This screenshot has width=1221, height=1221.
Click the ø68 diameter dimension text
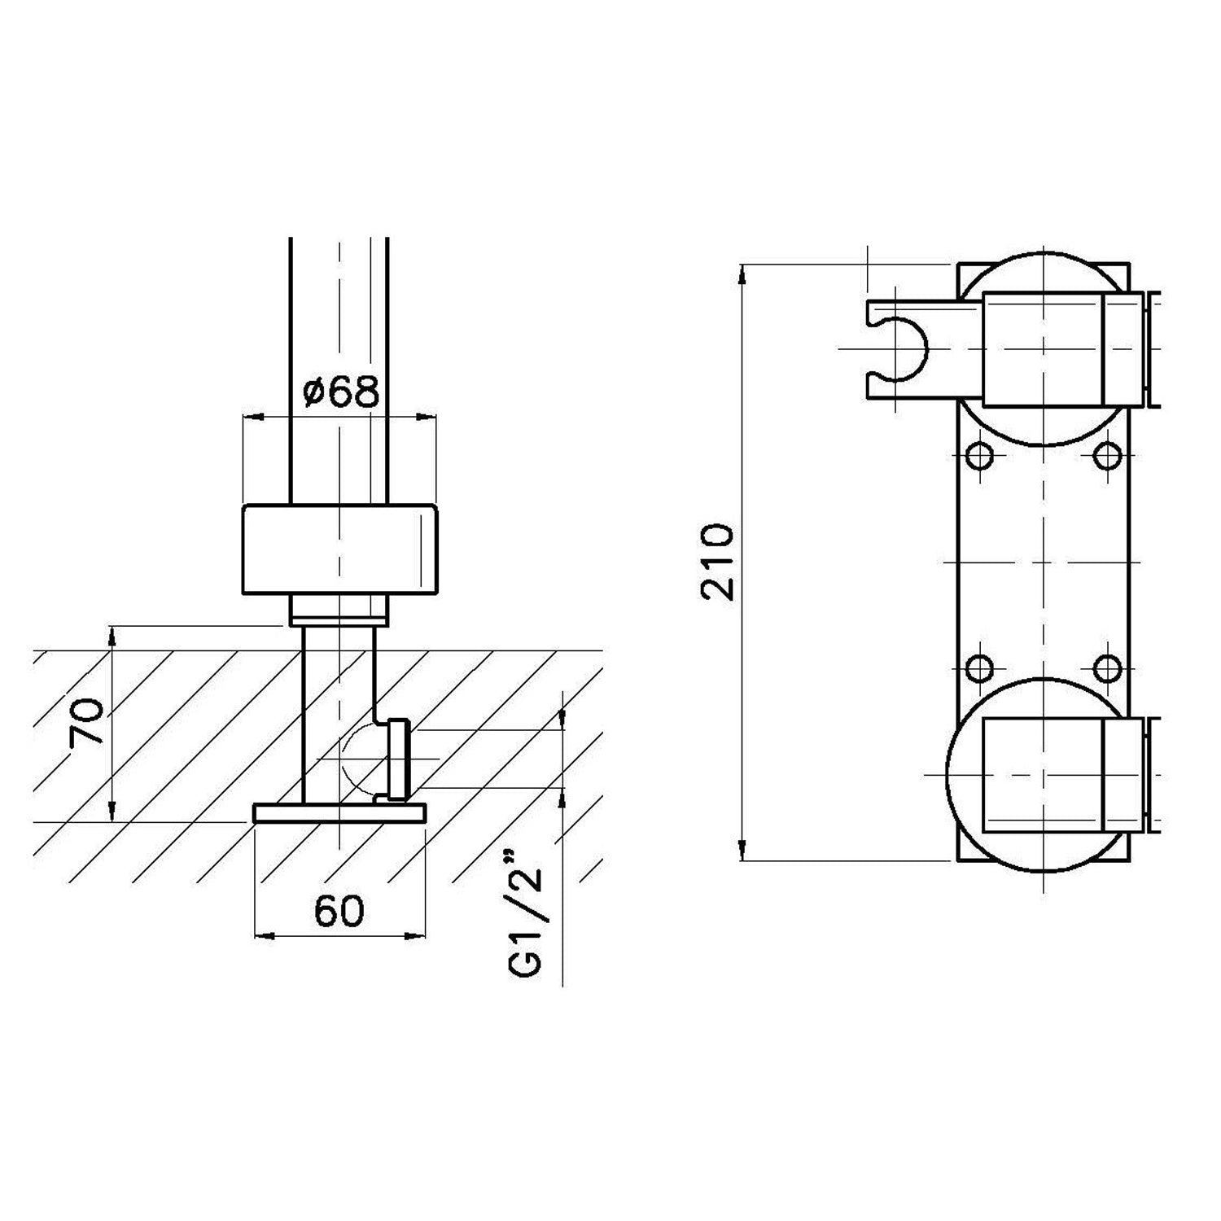pos(341,392)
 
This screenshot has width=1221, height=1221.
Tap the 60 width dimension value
pos(339,911)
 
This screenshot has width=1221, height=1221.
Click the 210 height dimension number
pos(717,562)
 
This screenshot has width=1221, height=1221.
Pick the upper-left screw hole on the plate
pos(981,455)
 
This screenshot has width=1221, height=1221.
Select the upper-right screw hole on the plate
pos(1107,455)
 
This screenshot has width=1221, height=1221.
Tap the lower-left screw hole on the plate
pos(981,669)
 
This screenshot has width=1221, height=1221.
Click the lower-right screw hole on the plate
pos(1107,669)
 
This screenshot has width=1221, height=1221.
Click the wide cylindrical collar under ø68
pos(339,549)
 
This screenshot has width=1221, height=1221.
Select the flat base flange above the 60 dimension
pos(339,813)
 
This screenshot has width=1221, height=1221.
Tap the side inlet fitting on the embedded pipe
pos(399,759)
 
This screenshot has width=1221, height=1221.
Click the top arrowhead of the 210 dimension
pos(742,274)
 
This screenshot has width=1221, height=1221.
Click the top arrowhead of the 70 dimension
pos(112,635)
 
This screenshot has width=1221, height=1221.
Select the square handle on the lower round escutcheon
pos(1044,775)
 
